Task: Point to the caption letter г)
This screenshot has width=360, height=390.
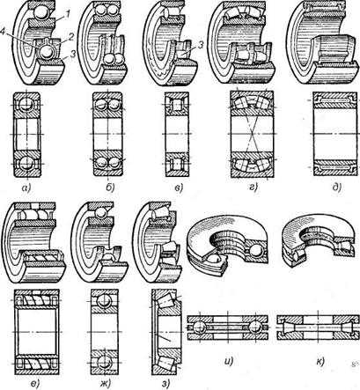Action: pos(253,187)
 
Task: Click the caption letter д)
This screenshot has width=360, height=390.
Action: pos(337,187)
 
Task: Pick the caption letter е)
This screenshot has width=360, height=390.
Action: pos(36,384)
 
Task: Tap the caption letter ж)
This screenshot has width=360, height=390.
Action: pos(105,384)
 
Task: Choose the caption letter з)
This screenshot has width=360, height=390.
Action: pos(165,383)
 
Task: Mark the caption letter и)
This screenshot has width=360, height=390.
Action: pos(228,361)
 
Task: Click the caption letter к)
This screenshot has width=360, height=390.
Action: pos(320,362)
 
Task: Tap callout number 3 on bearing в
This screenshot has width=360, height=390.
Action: pos(201,45)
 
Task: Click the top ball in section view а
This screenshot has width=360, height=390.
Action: pos(26,105)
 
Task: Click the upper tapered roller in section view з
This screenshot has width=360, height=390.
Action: pos(166,301)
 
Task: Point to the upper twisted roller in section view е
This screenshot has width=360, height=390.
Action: pos(37,300)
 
